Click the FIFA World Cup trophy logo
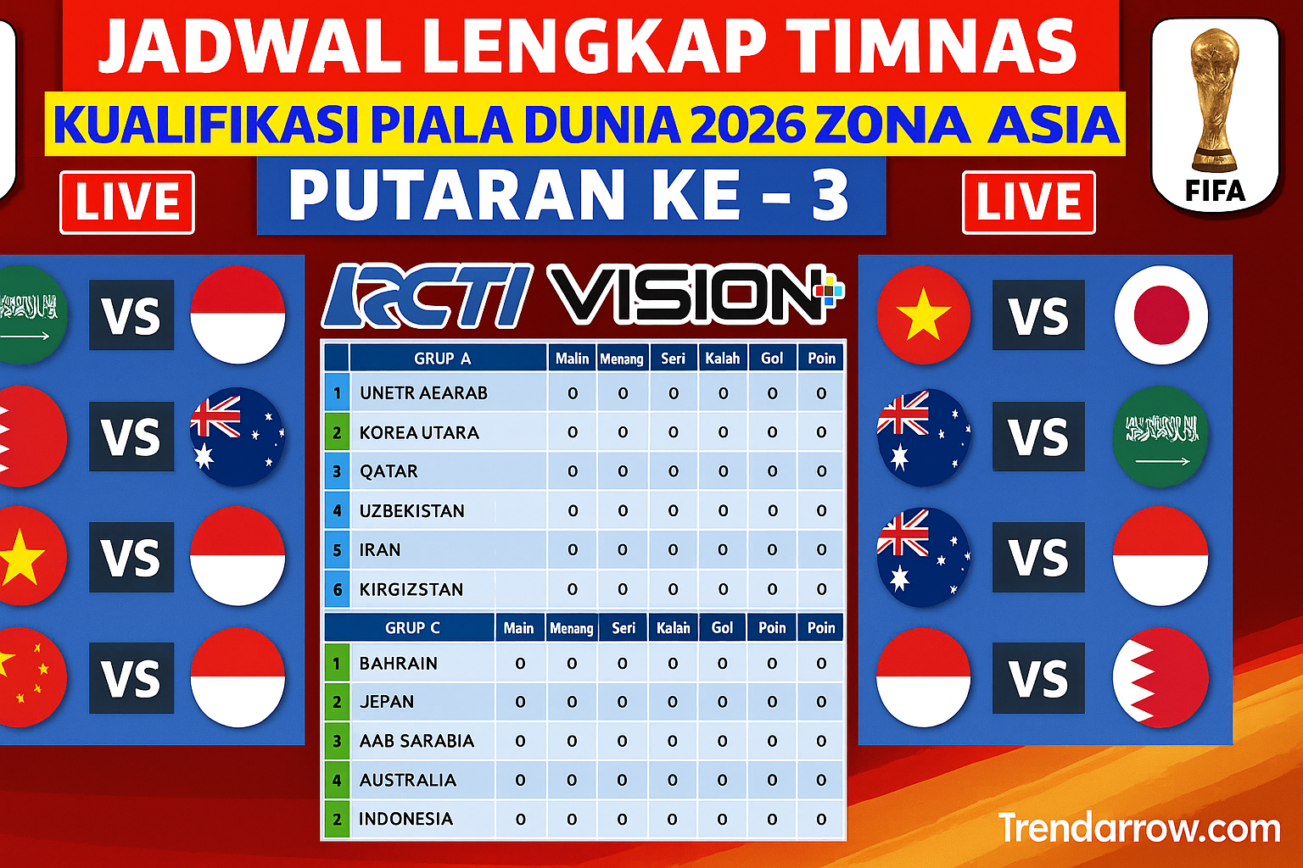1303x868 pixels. coord(1216,114)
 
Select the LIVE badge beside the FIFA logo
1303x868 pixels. coord(1028,203)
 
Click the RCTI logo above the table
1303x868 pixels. coord(428,296)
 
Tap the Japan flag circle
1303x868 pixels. coord(1161,315)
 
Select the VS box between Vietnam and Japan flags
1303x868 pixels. coord(1038,315)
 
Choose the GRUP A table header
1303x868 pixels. coord(442,359)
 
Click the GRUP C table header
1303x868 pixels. coord(412,628)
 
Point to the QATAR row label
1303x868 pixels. coord(389,471)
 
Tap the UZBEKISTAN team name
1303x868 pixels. coord(411,511)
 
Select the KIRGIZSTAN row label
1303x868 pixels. coord(411,589)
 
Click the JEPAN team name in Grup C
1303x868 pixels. coord(386,702)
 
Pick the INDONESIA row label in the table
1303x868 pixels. coord(405,819)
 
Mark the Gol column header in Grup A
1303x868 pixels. coord(772,358)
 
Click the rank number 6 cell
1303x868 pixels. coord(337,589)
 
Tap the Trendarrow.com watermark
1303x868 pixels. coord(1139,828)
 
